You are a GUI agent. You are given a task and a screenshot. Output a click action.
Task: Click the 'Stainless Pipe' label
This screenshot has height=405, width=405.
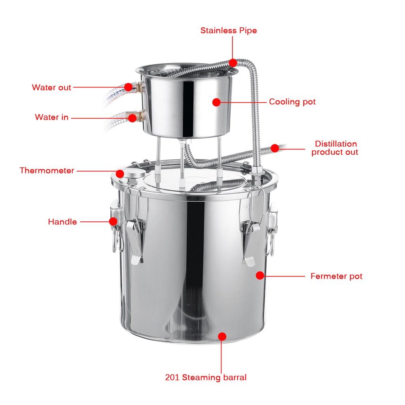tap(228, 30)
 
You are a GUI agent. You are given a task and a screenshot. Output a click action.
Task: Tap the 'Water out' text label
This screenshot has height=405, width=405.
tap(51, 87)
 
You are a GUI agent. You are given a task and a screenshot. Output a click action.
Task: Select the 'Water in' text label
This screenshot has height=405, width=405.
tap(51, 117)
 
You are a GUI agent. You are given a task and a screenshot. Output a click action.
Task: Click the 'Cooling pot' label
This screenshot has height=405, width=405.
tap(292, 102)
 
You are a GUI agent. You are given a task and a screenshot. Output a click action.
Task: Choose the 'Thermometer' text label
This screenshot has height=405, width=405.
tap(47, 171)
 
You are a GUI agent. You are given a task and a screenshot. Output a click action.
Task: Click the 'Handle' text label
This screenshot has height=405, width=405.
tap(62, 222)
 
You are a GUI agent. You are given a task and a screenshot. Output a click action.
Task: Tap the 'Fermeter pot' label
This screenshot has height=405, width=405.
tap(336, 276)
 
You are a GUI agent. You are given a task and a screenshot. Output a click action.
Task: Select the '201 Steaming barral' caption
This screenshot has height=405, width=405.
tap(206, 377)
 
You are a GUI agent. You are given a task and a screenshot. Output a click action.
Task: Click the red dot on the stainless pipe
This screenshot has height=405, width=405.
tap(233, 62)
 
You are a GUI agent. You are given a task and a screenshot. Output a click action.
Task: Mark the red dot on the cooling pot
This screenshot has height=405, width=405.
tap(216, 102)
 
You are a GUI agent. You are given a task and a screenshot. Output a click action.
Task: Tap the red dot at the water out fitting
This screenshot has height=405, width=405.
tap(128, 87)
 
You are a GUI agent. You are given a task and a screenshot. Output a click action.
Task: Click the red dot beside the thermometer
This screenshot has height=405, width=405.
tap(120, 173)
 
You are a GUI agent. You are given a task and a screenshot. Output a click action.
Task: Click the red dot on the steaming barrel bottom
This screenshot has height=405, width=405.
tap(222, 336)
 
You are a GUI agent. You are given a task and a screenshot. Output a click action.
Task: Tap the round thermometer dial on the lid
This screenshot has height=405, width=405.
tap(134, 175)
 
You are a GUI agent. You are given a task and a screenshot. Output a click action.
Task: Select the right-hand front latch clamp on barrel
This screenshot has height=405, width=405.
tap(251, 241)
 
